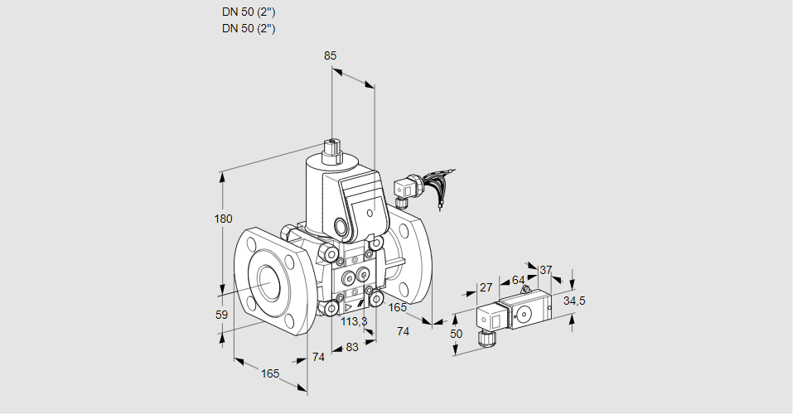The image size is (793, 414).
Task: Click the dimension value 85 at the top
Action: point(330,55)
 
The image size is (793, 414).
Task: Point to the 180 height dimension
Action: point(224,219)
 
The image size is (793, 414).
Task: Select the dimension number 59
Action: point(221,315)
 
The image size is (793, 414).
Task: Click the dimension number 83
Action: point(351,347)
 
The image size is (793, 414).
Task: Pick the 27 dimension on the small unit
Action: point(486,287)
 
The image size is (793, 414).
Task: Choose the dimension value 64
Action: point(518,280)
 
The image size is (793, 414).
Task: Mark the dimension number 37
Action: point(545,270)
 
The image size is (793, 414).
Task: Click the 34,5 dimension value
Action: point(574,301)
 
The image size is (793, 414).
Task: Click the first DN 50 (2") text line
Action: point(249,12)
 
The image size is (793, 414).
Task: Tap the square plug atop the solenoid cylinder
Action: point(332,150)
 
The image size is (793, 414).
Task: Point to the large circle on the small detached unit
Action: point(525,314)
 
